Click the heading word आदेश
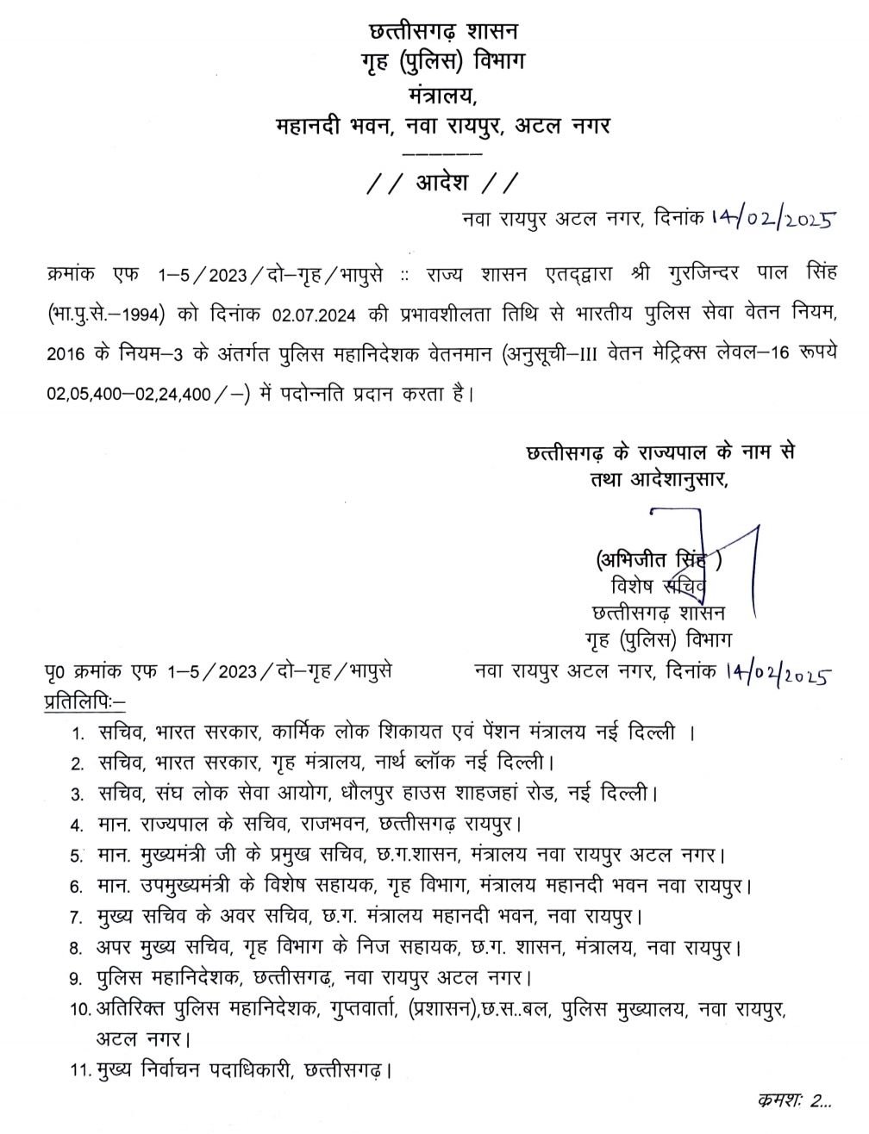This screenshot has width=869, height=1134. pyautogui.click(x=441, y=184)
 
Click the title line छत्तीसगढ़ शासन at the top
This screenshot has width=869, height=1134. pyautogui.click(x=442, y=32)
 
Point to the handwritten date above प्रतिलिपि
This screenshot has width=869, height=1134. pyautogui.click(x=778, y=672)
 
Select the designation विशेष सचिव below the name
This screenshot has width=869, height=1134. pyautogui.click(x=657, y=588)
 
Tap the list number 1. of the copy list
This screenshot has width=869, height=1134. pyautogui.click(x=78, y=734)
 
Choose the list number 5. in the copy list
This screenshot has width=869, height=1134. pyautogui.click(x=78, y=856)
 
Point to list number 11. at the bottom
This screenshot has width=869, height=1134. pyautogui.click(x=80, y=1071)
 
